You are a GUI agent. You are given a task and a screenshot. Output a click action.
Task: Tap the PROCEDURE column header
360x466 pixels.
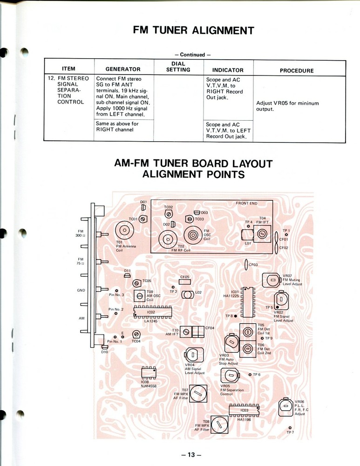pyautogui.click(x=297, y=70)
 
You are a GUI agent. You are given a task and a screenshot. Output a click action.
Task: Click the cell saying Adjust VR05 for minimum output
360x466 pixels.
pyautogui.click(x=287, y=106)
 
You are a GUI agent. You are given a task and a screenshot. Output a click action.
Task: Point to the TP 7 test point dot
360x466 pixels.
pyautogui.click(x=290, y=427)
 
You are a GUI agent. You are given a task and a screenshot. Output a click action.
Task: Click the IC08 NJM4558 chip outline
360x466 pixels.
pyautogui.click(x=149, y=372)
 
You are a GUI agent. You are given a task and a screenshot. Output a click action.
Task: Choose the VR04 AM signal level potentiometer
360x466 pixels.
pyautogui.click(x=192, y=354)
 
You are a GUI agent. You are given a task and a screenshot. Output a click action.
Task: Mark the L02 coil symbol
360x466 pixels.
pyautogui.click(x=187, y=294)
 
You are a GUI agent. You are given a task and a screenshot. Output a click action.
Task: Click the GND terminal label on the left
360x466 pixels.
pyautogui.click(x=81, y=290)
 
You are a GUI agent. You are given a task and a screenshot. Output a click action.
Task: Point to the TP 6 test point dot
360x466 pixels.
pyautogui.click(x=250, y=375)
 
